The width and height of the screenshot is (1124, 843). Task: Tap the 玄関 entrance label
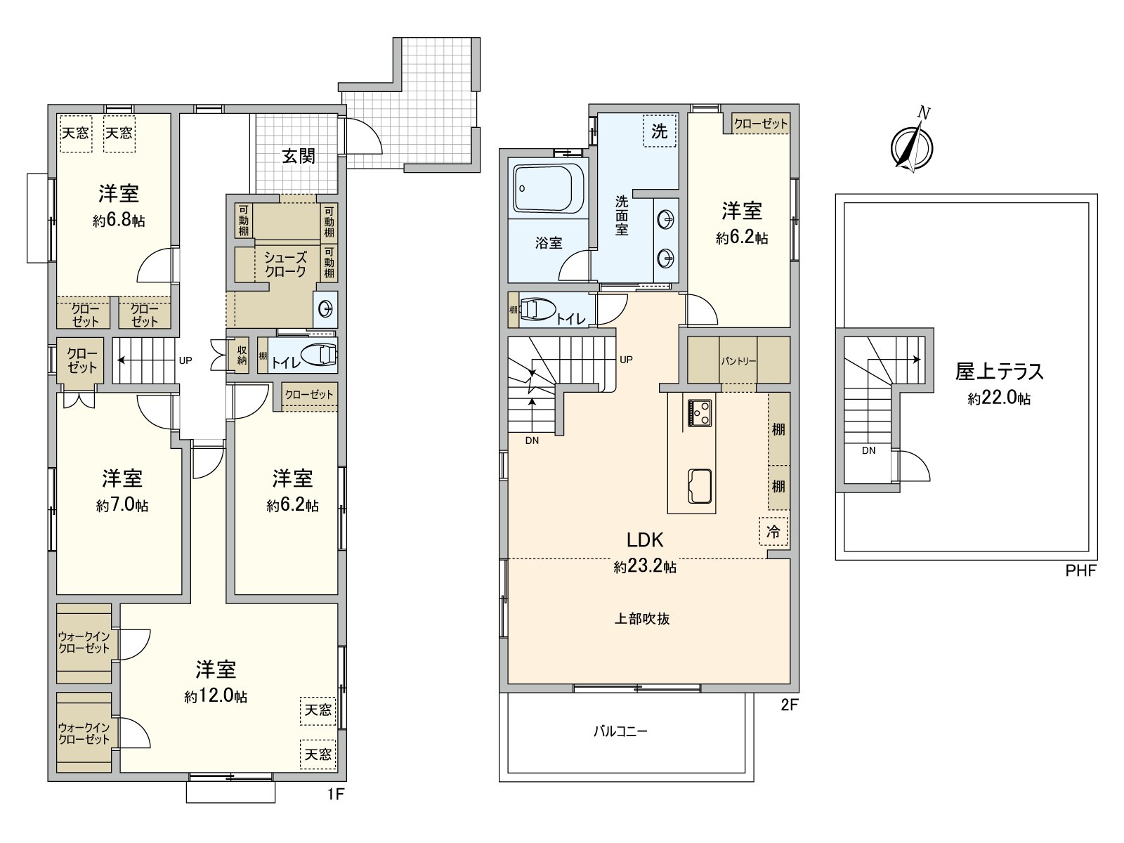[299, 156]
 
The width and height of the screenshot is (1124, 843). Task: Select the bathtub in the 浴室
[549, 188]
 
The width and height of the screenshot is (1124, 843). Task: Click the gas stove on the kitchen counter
[699, 413]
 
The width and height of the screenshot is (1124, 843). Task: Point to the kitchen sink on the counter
[700, 485]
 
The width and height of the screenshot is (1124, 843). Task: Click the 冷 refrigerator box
[773, 532]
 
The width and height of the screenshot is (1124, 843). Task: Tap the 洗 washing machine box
[659, 131]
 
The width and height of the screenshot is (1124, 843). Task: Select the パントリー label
[738, 361]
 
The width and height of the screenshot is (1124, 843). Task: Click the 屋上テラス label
[999, 371]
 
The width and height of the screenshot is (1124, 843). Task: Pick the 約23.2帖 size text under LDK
[645, 567]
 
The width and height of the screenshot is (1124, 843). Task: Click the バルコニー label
[620, 731]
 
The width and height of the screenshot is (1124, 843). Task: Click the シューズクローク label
[285, 264]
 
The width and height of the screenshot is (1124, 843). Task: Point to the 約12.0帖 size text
[216, 696]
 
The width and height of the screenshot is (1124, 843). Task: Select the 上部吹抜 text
[642, 619]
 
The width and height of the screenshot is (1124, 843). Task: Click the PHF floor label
[1080, 571]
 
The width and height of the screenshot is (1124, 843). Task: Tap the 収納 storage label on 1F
[242, 355]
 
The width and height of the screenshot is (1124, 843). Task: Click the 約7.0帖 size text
[122, 505]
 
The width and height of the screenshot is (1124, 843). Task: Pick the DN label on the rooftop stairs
[869, 450]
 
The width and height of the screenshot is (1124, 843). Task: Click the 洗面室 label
[622, 215]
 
